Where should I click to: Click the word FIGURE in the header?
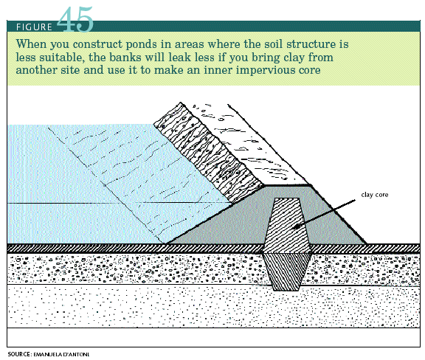click(34, 27)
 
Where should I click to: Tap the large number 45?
click(75, 19)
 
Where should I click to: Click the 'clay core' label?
click(375, 195)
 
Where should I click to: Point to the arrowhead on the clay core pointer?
click(297, 226)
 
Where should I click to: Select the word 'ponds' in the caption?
click(142, 44)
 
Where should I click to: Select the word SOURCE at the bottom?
click(19, 354)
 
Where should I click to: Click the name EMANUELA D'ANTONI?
click(61, 355)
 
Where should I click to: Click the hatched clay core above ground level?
click(287, 226)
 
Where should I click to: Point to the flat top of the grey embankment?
click(287, 185)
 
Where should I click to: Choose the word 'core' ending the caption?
click(310, 70)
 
